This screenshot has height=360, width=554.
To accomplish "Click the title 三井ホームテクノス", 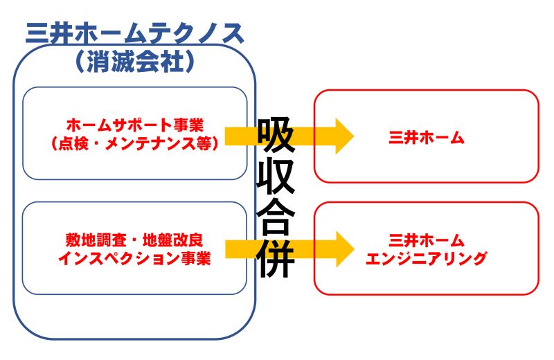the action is pyautogui.click(x=134, y=33).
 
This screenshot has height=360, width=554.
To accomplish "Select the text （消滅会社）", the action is pyautogui.click(x=134, y=61).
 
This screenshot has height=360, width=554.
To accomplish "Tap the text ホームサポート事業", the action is pyautogui.click(x=135, y=125).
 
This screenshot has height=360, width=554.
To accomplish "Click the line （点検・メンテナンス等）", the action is pyautogui.click(x=135, y=143).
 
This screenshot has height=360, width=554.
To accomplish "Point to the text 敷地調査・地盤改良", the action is pyautogui.click(x=134, y=240).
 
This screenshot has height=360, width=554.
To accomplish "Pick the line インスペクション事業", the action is pyautogui.click(x=134, y=258).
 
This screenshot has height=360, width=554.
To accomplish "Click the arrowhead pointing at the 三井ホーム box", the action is pyautogui.click(x=344, y=136).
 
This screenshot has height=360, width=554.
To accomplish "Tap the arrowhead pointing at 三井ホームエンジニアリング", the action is pyautogui.click(x=344, y=249).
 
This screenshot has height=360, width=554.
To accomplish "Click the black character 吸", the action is pyautogui.click(x=276, y=135).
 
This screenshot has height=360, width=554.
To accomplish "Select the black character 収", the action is pyautogui.click(x=276, y=177).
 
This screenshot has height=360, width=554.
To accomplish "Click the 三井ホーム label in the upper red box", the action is pyautogui.click(x=427, y=137).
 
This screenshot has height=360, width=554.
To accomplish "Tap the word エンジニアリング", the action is pyautogui.click(x=427, y=258).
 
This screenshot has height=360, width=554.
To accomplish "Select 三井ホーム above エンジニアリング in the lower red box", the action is pyautogui.click(x=427, y=240).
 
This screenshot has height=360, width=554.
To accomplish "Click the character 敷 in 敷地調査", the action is pyautogui.click(x=73, y=240).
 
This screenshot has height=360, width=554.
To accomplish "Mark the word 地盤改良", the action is pyautogui.click(x=173, y=240).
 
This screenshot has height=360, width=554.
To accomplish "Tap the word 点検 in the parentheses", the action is pyautogui.click(x=73, y=143).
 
